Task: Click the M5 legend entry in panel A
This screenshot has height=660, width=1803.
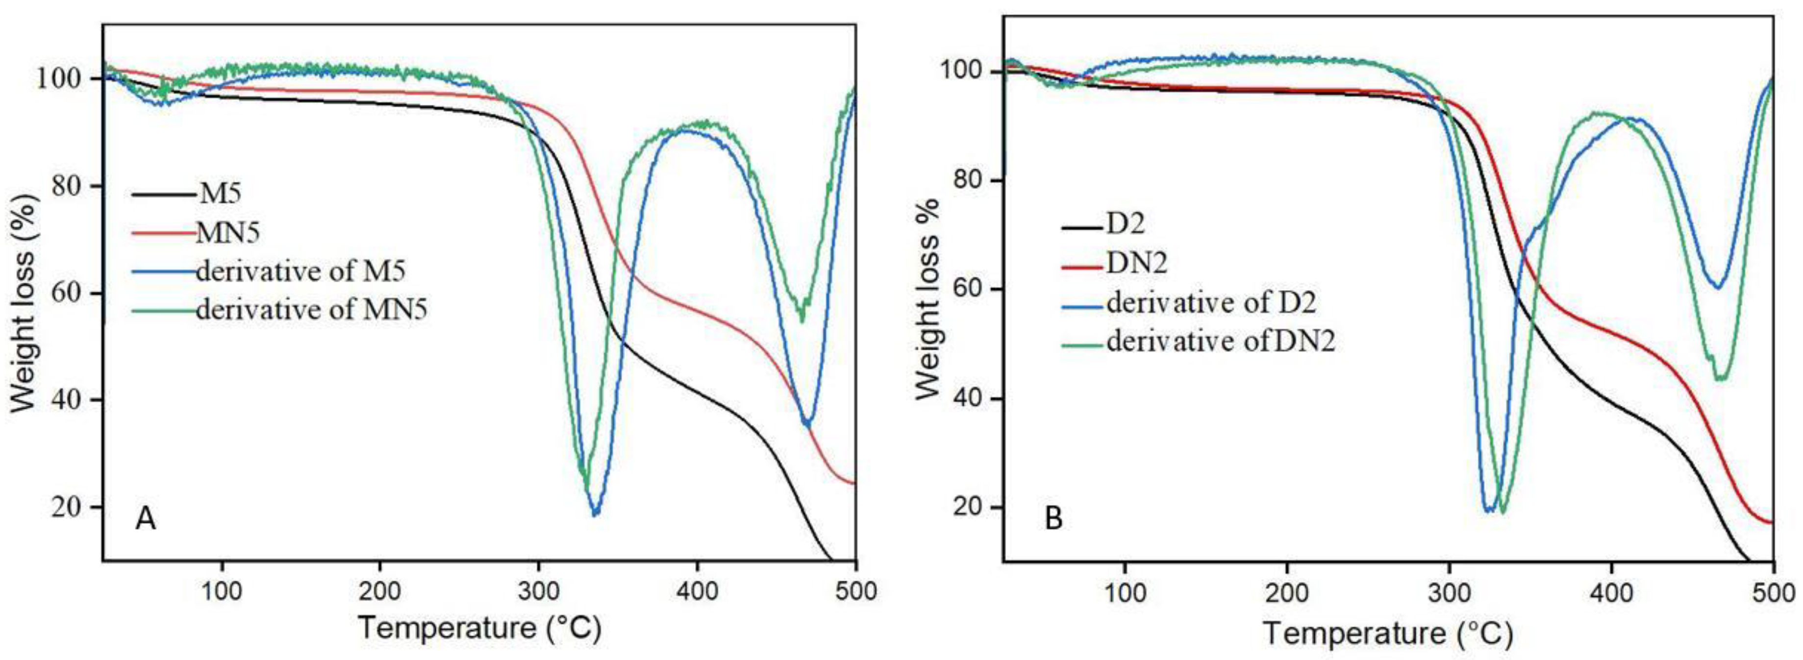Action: (220, 193)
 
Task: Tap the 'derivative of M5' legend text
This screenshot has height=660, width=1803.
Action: (300, 271)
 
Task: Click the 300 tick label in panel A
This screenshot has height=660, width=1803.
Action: (538, 591)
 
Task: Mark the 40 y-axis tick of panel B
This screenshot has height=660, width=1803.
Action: (969, 399)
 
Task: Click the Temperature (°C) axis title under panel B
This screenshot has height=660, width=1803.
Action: (1387, 634)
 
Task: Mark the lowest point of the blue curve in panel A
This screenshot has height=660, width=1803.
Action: (595, 514)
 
